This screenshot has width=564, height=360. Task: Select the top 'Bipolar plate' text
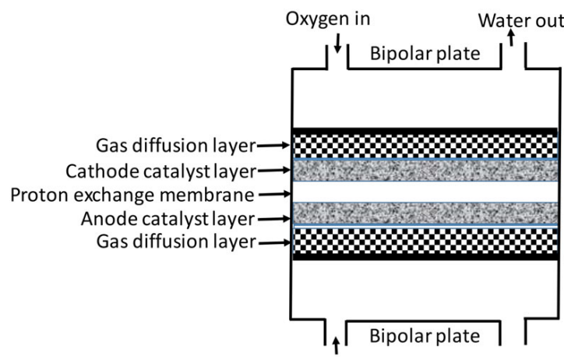coord(425,55)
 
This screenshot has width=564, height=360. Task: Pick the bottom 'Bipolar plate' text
coord(425,337)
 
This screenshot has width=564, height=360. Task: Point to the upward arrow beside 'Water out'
coord(511,38)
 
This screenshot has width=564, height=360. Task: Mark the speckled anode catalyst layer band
coord(425,215)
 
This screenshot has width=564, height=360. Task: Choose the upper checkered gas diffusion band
coord(425,146)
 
